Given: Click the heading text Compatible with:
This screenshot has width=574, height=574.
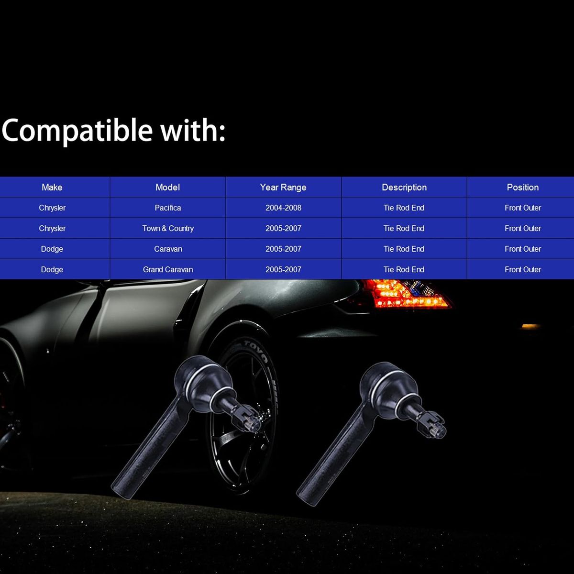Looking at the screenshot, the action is point(113,131).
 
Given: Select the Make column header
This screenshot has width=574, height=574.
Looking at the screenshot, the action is point(52,187).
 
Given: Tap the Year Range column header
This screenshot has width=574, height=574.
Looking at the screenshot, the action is point(283,188).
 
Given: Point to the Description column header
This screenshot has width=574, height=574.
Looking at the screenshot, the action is point(404,188).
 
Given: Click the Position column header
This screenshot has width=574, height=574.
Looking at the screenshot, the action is point(523,187).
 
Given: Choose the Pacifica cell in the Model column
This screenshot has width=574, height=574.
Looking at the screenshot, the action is point(168,208).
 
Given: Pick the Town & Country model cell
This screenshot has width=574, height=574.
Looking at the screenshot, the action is point(168,228).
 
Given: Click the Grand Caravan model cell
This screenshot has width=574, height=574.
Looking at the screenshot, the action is point(168,269).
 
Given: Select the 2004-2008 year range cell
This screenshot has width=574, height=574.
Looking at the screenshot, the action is point(283,208).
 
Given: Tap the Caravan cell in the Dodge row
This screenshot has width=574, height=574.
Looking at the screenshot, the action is point(168,249).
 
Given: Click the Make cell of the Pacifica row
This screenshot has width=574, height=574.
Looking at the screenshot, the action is point(52,208).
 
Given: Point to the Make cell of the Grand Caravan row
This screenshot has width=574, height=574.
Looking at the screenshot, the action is point(52,269).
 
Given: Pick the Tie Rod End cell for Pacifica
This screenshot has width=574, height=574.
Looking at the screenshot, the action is point(404,208).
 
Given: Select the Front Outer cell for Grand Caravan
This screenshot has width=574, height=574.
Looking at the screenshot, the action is point(523,269).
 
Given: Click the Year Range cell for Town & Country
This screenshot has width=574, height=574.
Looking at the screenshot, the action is point(283,228).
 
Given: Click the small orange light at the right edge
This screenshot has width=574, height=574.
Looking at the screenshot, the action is point(531,327).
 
